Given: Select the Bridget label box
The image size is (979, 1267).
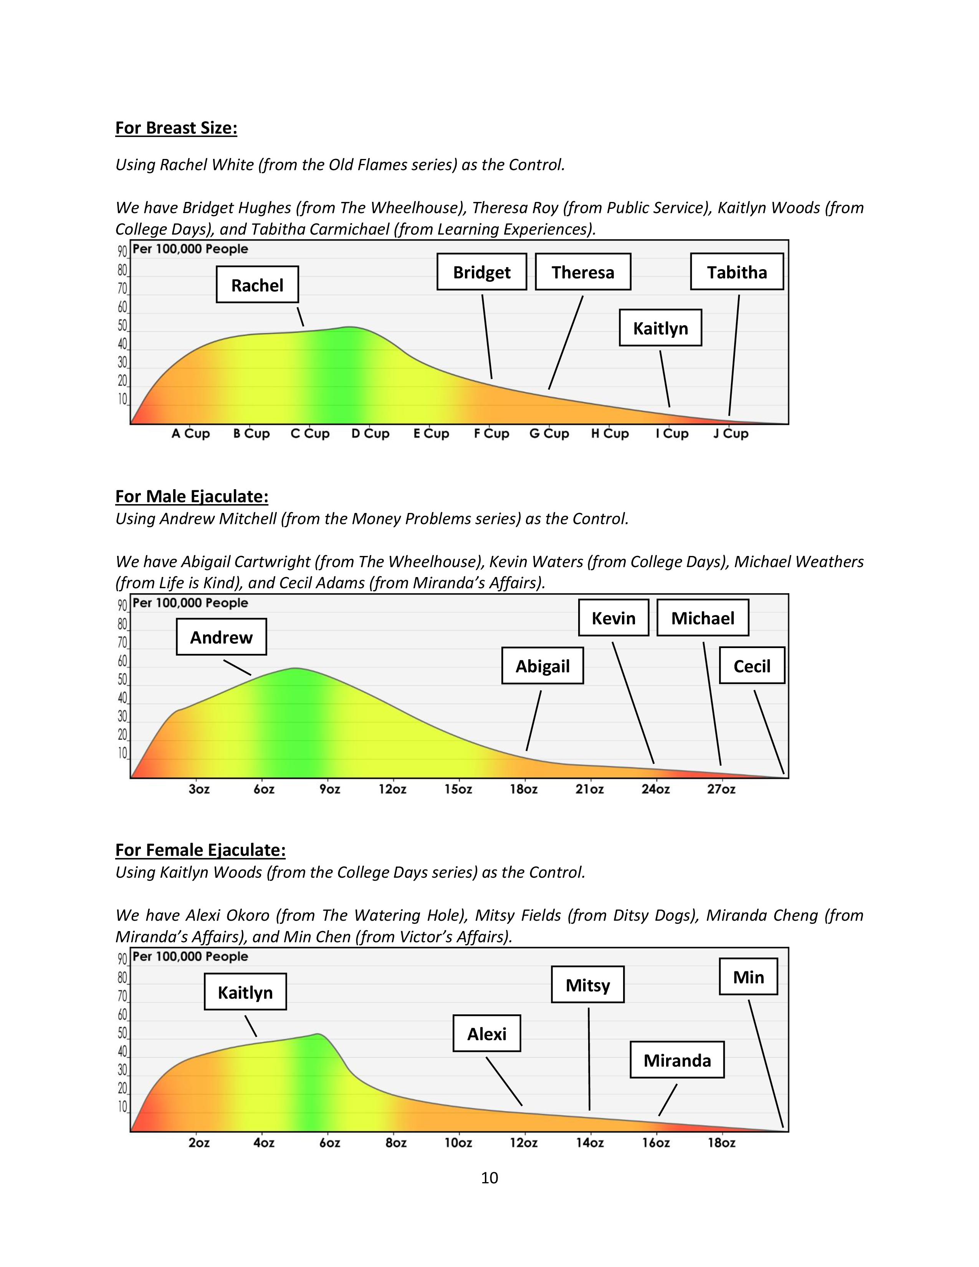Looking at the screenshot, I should pos(481,272).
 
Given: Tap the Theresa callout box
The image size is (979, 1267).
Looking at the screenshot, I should pos(582,272).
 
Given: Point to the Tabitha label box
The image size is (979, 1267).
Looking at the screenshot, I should pos(737,272).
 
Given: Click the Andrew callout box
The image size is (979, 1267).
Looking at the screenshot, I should pos(221,637).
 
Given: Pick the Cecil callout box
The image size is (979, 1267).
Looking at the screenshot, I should pos(752,666).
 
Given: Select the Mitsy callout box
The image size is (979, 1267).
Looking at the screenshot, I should pos(587,985).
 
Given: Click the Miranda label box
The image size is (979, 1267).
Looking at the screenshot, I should pos(677,1060).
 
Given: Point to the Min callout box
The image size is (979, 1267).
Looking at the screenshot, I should pos(748,977).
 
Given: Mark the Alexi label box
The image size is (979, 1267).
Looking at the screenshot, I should pos(486,1034).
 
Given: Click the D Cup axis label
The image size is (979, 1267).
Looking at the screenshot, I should pos(370,433).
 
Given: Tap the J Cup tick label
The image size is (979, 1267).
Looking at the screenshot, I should pos(731,433).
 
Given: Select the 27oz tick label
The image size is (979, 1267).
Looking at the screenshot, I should pos(721,789).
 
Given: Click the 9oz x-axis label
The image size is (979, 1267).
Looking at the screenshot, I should pos(329,789).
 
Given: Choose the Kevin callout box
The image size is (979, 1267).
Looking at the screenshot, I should pos(613,618).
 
